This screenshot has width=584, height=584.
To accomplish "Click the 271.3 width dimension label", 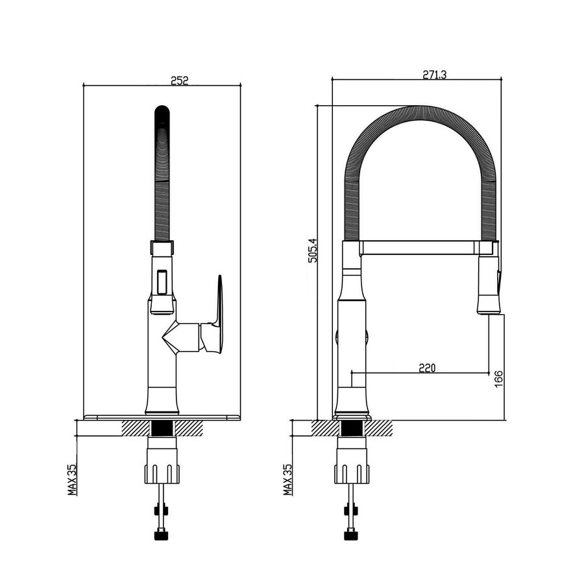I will tap(434, 75).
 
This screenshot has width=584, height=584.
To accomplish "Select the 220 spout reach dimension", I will tap(426, 368).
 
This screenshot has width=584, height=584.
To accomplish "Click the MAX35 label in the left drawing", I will tap(73, 478).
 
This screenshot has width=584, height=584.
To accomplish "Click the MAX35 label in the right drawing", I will tap(288, 478).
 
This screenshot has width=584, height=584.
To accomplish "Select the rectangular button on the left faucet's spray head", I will tap(162, 281).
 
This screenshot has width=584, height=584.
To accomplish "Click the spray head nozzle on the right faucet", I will tap(489, 304).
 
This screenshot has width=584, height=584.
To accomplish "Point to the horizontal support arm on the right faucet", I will tap(419, 247).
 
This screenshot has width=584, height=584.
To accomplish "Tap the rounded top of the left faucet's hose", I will tap(162, 110).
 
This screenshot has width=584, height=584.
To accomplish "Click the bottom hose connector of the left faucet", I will tap(162, 536).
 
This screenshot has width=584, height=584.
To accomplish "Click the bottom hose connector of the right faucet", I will tap(351, 536).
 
